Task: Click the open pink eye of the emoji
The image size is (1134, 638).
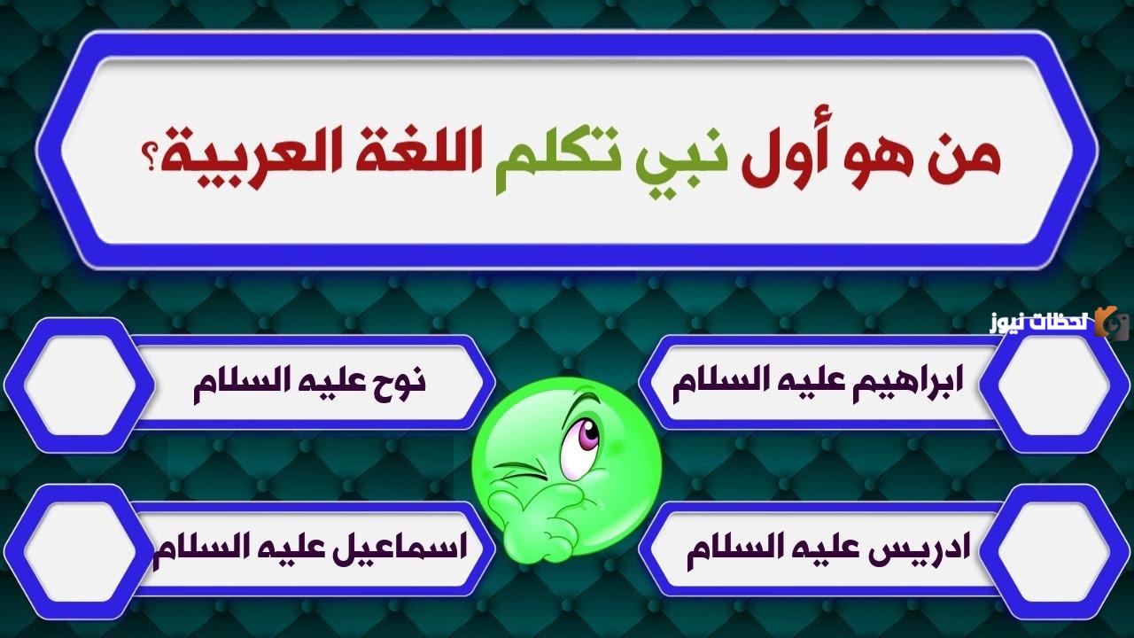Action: [579, 437]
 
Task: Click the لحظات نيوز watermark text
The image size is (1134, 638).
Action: [1040, 323]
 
